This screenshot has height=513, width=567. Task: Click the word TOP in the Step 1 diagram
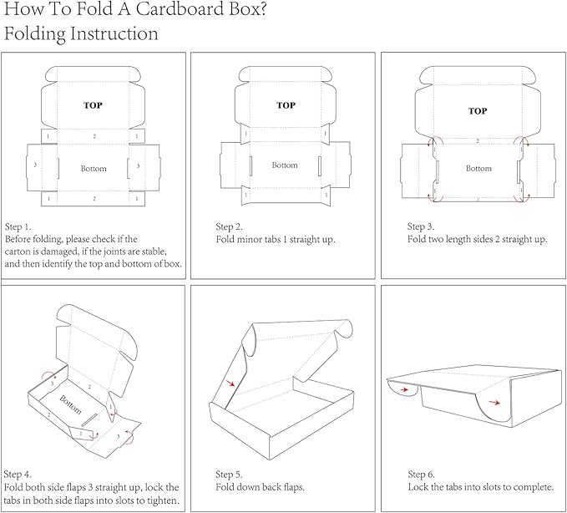(94, 106)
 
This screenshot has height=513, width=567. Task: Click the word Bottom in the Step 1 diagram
(94, 169)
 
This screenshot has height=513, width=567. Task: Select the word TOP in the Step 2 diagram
(286, 105)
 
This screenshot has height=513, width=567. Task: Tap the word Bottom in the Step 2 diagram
(285, 165)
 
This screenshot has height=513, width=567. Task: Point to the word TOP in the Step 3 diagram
(478, 111)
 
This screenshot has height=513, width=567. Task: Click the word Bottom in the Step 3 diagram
(478, 169)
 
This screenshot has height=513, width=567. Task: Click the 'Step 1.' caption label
(18, 226)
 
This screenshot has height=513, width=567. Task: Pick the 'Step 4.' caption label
(19, 475)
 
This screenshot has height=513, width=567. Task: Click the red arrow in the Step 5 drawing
(230, 384)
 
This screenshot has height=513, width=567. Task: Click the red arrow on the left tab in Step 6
(405, 389)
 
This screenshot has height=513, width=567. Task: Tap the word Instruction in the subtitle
(111, 34)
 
